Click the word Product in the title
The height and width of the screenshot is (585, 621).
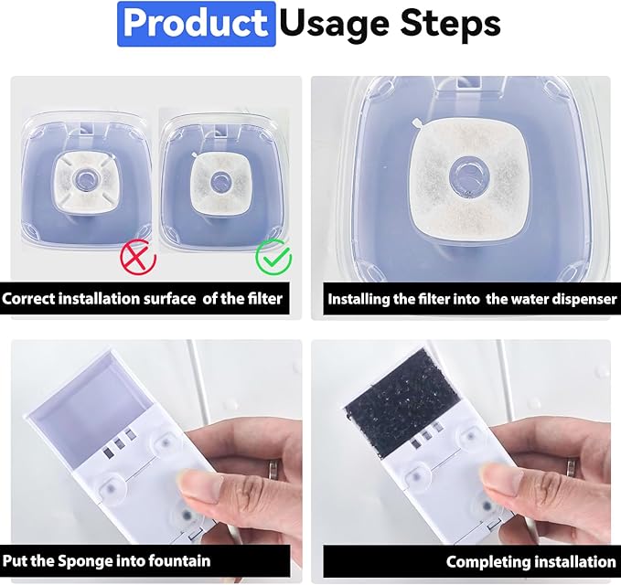coord(196,24)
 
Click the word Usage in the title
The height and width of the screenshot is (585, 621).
coord(334,25)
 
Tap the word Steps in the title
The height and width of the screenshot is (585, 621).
coord(450,24)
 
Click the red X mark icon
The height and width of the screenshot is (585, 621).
coord(138,257)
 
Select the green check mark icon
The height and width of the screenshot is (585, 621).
coord(273,257)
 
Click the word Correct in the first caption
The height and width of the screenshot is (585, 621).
coord(28,298)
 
